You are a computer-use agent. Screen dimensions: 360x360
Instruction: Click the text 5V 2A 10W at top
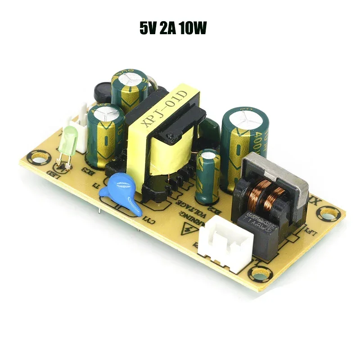click(173, 29)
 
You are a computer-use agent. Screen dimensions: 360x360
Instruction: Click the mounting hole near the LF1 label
click(331, 212)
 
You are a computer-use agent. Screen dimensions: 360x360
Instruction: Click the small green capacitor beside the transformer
click(208, 175)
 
